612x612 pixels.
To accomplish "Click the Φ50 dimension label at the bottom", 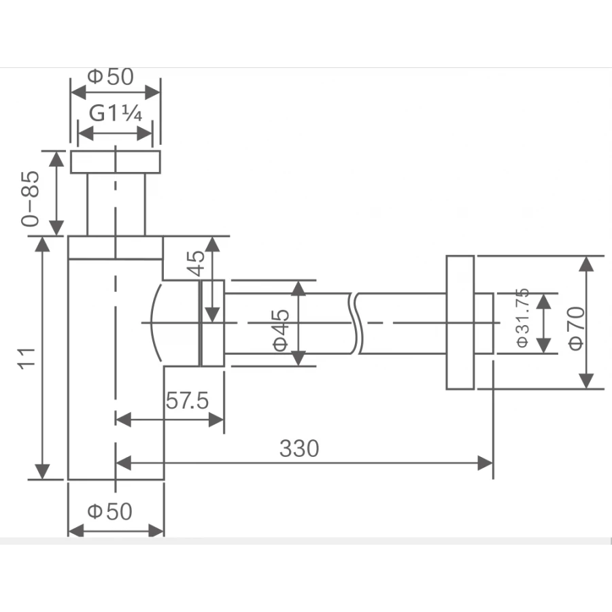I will pos(110,511).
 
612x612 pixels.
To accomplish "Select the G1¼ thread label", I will pos(116,114).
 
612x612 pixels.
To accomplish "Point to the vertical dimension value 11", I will pos(26,358).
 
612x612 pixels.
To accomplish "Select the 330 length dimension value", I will pos(299,449).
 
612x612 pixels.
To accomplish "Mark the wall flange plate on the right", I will pos(460,323).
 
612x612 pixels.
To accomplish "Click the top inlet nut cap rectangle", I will pos(116,162).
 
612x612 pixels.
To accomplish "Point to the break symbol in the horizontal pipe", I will pos(355,323).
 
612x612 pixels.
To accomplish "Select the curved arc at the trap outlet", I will pos(154,323).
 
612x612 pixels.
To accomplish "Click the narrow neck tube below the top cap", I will pos(116,204).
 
